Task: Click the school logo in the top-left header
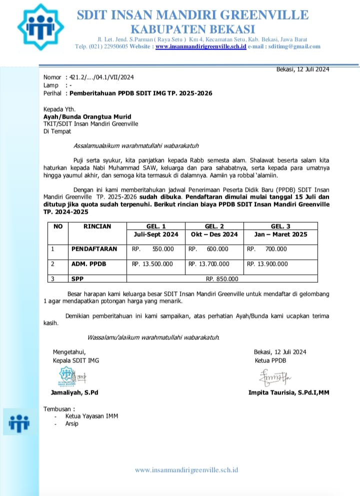click(x=40, y=27)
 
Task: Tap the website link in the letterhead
click(x=200, y=47)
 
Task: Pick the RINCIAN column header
click(x=97, y=226)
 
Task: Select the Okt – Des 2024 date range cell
click(x=214, y=234)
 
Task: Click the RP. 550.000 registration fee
click(x=153, y=249)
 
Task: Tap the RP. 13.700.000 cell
click(x=209, y=264)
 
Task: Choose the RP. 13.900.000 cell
click(x=267, y=264)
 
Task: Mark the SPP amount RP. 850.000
click(x=222, y=279)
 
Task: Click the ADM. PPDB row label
click(x=88, y=264)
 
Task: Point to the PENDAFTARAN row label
click(x=94, y=249)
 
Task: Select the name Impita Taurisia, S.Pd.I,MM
click(x=288, y=392)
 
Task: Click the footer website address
click(x=186, y=470)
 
